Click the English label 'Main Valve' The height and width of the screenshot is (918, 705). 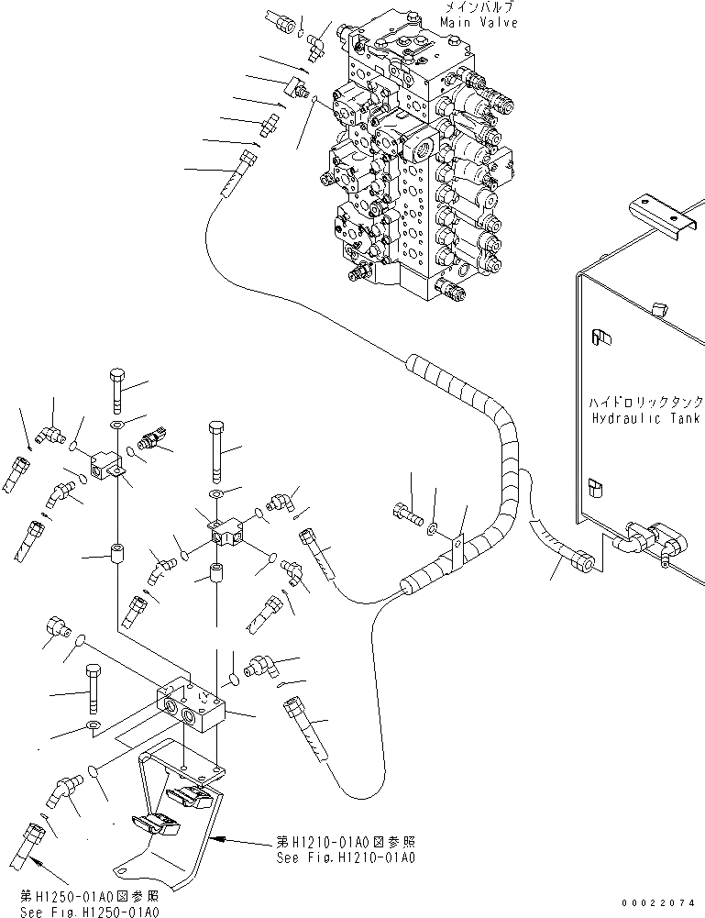click(x=479, y=22)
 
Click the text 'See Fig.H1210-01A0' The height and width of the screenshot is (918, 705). click(x=347, y=858)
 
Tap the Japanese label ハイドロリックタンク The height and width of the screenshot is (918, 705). click(x=646, y=403)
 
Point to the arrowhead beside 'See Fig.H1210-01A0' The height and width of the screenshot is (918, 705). click(x=220, y=837)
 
